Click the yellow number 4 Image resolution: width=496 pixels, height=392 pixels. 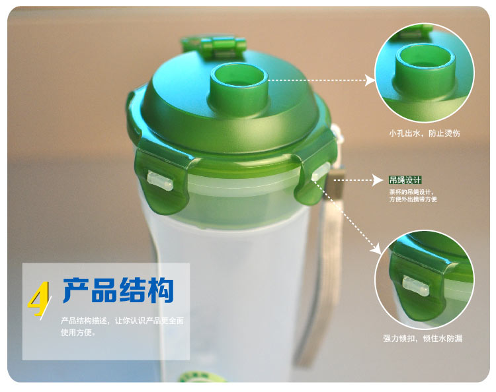coord(39,299)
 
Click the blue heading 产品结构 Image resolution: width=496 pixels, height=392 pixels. coord(118,290)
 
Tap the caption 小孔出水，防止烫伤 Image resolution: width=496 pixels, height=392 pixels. coord(425,133)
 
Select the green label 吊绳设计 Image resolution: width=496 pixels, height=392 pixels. coord(405,180)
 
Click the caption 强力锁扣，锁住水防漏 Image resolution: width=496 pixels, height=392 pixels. coord(423,339)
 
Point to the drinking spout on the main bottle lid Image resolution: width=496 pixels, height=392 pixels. coord(239,88)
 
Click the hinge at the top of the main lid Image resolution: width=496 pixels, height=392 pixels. coord(214,48)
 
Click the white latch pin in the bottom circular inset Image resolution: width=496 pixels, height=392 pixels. coord(416,286)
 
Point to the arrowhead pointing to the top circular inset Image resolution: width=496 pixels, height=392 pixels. coord(370,80)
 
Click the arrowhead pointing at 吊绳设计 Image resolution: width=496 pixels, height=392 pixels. coord(378,180)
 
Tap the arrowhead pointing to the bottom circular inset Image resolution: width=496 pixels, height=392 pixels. coord(376,249)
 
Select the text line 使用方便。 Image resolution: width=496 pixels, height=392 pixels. coord(78,332)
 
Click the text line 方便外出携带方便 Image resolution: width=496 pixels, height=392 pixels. coord(413,199)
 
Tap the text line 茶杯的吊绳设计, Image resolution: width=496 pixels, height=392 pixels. coord(411,191)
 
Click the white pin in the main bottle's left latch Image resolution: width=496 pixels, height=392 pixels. coord(160,181)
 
